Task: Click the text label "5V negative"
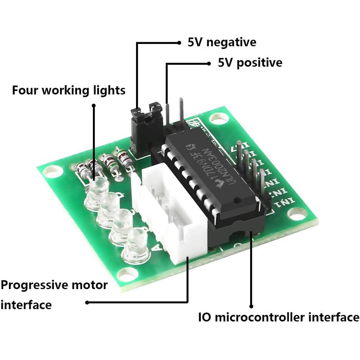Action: [x=222, y=42]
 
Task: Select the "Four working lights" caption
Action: [x=69, y=90]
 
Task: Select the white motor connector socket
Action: [x=169, y=216]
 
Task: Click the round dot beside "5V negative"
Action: [x=179, y=42]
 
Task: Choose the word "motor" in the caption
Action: [x=91, y=285]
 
